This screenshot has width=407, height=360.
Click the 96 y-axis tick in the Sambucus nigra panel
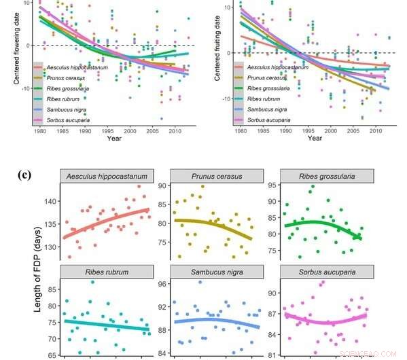[x=163, y=285]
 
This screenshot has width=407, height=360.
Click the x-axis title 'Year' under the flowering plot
[x=114, y=139]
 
